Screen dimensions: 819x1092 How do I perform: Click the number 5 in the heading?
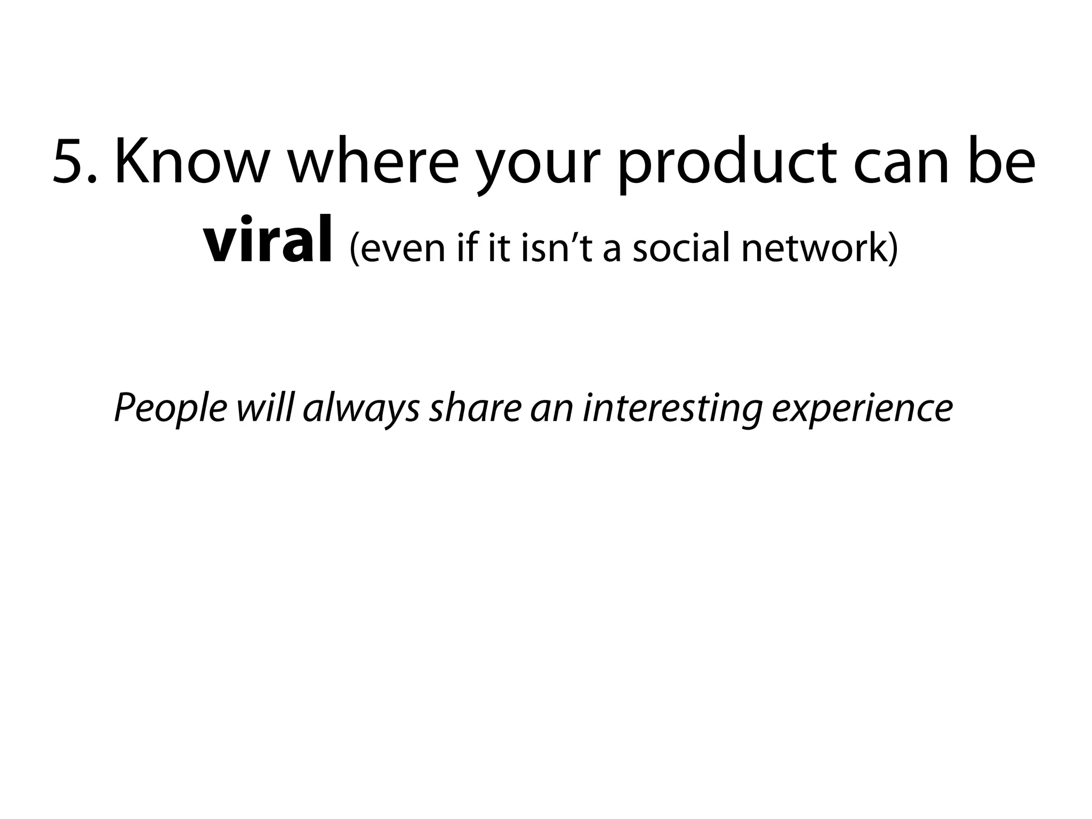69,162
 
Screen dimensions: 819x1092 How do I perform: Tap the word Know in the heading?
189,162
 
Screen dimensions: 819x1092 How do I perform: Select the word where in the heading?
373,162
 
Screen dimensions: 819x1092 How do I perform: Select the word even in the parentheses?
397,248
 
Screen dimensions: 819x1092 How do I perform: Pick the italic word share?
475,407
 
